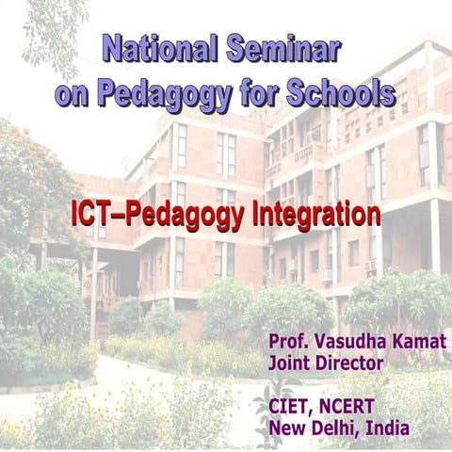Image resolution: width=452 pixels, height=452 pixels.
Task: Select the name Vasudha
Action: click(x=347, y=341)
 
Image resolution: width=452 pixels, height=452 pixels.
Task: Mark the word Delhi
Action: click(x=334, y=428)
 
